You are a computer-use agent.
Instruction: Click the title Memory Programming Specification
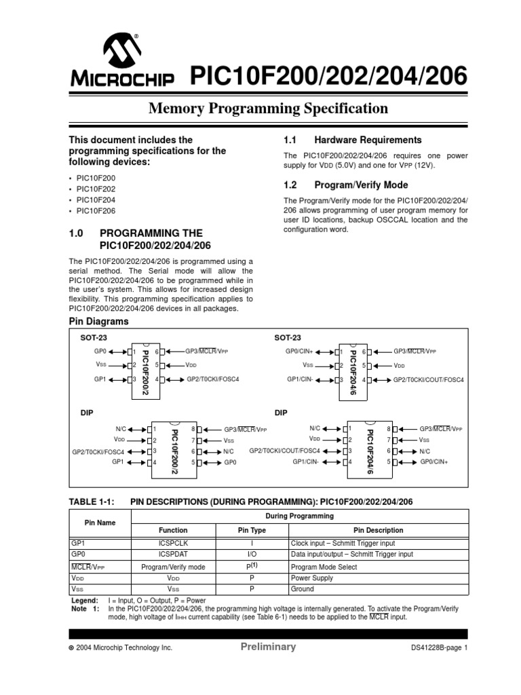click(269, 109)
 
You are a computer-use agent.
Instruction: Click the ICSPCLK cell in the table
click(172, 543)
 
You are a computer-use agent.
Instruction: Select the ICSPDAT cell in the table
click(172, 555)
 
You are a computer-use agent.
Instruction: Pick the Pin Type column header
click(252, 531)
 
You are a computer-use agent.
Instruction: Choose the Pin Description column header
click(378, 531)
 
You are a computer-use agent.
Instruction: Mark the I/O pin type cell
click(252, 555)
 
